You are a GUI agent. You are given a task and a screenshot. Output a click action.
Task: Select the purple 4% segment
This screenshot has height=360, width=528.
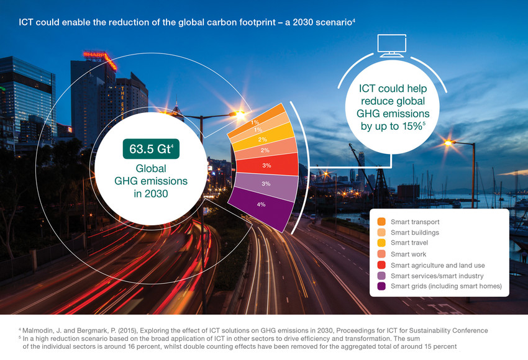click(261, 205)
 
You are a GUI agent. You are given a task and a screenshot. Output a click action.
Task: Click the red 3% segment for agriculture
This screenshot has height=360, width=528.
click(264, 166)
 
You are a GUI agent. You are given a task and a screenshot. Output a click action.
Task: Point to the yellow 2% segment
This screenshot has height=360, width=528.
click(262, 140)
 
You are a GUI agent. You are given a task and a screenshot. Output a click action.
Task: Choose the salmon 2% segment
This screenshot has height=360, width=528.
click(263, 151)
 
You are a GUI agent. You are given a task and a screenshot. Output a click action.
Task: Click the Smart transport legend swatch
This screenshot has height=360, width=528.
click(381, 222)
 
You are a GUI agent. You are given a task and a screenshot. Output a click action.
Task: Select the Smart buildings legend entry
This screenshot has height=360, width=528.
click(414, 232)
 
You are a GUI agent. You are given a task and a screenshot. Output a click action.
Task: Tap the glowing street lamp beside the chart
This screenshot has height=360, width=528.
click(238, 114)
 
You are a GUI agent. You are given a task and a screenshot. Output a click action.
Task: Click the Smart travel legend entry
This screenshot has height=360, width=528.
click(409, 243)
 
